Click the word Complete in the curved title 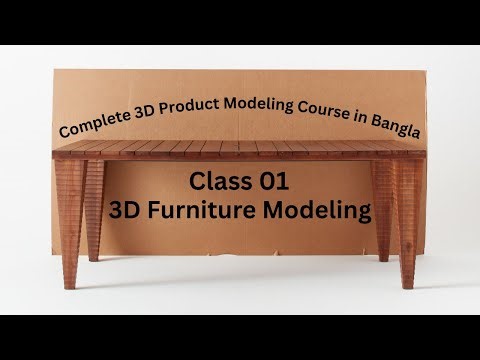coord(95,127)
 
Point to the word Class coord(218,184)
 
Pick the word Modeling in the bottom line coord(321,212)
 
